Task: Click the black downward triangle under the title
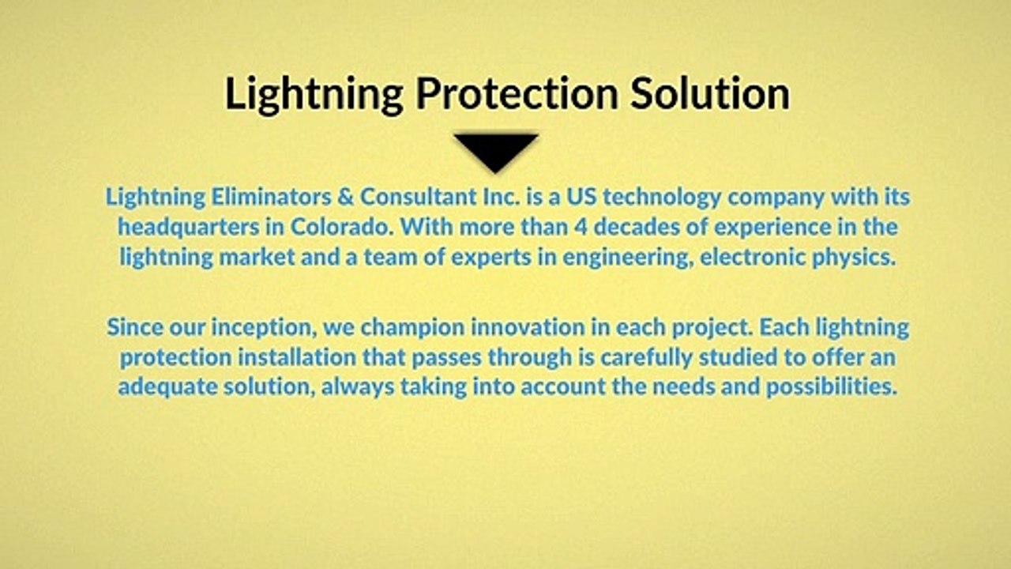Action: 496,151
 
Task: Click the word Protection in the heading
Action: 517,95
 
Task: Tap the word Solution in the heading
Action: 710,93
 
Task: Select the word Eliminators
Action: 271,197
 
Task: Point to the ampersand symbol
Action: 345,198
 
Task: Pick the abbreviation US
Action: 582,198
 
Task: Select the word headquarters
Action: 189,228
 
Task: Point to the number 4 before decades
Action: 581,227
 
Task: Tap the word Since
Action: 135,327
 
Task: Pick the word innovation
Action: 528,327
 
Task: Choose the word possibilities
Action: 832,387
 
